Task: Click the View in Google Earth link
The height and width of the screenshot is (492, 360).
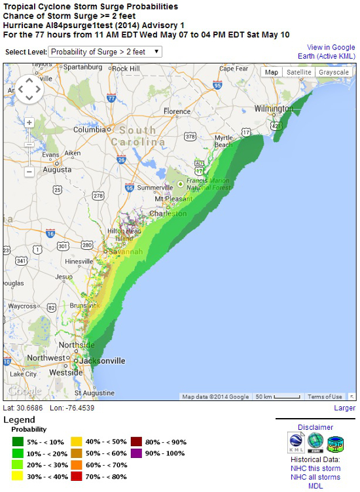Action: (331, 52)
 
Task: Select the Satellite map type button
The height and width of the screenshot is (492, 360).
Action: (298, 72)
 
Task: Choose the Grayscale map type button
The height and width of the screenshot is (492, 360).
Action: (334, 72)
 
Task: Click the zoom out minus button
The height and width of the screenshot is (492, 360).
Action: (29, 172)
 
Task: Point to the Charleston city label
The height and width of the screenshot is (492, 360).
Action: (168, 214)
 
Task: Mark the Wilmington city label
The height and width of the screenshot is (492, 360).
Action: (273, 109)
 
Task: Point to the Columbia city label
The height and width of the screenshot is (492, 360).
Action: (90, 130)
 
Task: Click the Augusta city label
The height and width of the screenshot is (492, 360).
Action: (39, 169)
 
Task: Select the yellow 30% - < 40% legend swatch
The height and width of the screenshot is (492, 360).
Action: (16, 477)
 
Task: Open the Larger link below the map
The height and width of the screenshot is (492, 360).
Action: (344, 408)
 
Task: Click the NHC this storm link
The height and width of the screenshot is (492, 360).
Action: (315, 468)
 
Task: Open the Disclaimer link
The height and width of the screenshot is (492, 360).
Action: (315, 427)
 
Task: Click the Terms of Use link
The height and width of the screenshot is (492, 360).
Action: (325, 396)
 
